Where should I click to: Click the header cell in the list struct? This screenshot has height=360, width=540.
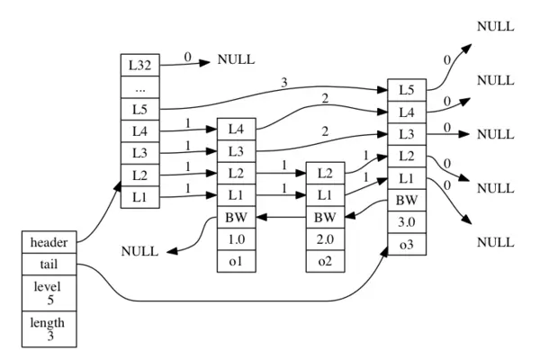pyautogui.click(x=49, y=242)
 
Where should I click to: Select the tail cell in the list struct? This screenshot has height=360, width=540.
pyautogui.click(x=49, y=265)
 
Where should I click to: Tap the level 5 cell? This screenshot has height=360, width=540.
pyautogui.click(x=49, y=293)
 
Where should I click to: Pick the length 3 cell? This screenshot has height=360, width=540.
pyautogui.click(x=49, y=329)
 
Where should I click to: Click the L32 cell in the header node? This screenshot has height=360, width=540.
pyautogui.click(x=139, y=65)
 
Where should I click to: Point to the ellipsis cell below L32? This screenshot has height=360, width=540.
pyautogui.click(x=139, y=87)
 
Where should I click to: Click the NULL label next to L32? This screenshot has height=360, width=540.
pyautogui.click(x=236, y=59)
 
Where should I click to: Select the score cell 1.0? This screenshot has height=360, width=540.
pyautogui.click(x=236, y=239)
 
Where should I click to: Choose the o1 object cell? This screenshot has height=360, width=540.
pyautogui.click(x=236, y=261)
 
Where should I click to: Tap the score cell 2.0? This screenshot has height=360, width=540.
pyautogui.click(x=325, y=239)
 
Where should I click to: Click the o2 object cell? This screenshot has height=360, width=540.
pyautogui.click(x=325, y=261)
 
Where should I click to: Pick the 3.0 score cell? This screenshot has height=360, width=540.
pyautogui.click(x=407, y=222)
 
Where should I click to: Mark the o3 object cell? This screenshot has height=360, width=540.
pyautogui.click(x=407, y=244)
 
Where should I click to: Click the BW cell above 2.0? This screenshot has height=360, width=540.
pyautogui.click(x=325, y=217)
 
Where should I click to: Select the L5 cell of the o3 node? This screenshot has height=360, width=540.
pyautogui.click(x=407, y=90)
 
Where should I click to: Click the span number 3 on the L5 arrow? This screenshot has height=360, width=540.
pyautogui.click(x=284, y=83)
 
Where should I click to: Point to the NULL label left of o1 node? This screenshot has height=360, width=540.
pyautogui.click(x=139, y=251)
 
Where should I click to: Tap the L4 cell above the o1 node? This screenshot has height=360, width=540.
pyautogui.click(x=236, y=130)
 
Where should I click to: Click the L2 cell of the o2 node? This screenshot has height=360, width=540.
pyautogui.click(x=325, y=173)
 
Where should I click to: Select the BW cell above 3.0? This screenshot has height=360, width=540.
pyautogui.click(x=407, y=200)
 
